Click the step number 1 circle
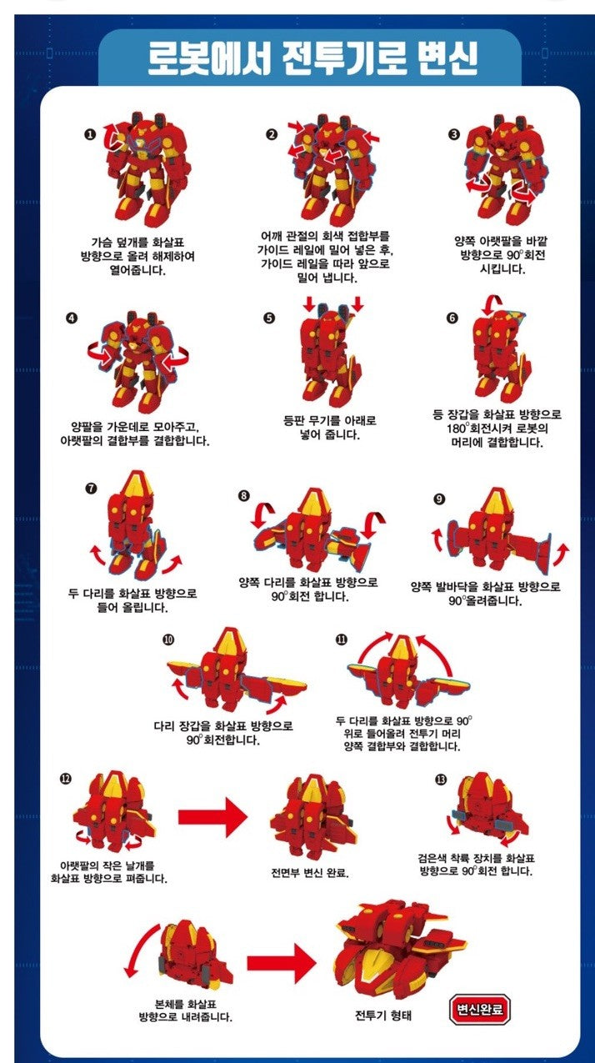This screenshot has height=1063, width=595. pyautogui.click(x=90, y=135)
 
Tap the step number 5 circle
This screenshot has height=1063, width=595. pyautogui.click(x=269, y=318)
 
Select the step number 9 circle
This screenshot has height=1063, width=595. pyautogui.click(x=439, y=499)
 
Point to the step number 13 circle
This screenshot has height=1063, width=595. pyautogui.click(x=442, y=780)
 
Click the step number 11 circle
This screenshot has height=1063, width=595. pyautogui.click(x=342, y=639)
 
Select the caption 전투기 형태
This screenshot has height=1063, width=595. pyautogui.click(x=383, y=1015)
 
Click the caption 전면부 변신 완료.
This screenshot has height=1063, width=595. pyautogui.click(x=310, y=873)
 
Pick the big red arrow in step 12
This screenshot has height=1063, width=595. pyautogui.click(x=212, y=817)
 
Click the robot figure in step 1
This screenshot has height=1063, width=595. pyautogui.click(x=148, y=170)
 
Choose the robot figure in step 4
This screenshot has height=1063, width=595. pyautogui.click(x=138, y=362)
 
